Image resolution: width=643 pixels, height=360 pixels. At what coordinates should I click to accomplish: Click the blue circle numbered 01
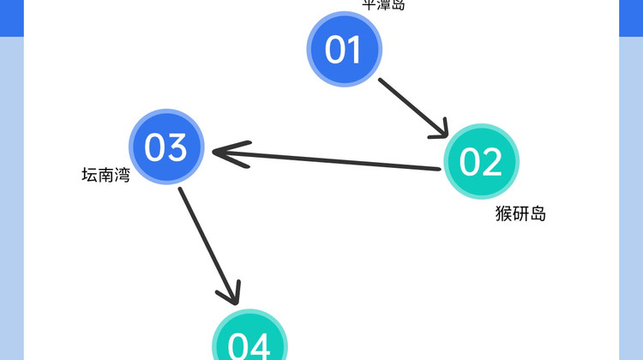tap(344, 50)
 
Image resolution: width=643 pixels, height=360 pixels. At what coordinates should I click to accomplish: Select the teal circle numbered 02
tap(481, 161)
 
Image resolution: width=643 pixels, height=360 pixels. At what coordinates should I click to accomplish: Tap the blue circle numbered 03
tap(166, 147)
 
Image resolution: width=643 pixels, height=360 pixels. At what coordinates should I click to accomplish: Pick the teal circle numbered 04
tap(249, 343)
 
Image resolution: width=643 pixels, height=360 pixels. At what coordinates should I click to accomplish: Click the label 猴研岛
tap(520, 213)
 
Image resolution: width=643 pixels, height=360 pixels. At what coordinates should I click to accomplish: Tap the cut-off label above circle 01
tap(383, 5)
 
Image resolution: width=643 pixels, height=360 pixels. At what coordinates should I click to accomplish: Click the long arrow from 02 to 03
tap(334, 160)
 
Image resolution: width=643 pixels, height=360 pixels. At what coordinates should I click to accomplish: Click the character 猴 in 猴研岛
tap(503, 213)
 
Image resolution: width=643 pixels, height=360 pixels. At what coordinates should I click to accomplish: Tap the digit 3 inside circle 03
tap(177, 147)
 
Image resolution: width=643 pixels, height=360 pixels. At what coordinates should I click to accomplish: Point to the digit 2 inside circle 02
tap(491, 161)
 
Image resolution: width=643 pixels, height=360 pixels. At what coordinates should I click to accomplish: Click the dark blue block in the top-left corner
tap(11, 17)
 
